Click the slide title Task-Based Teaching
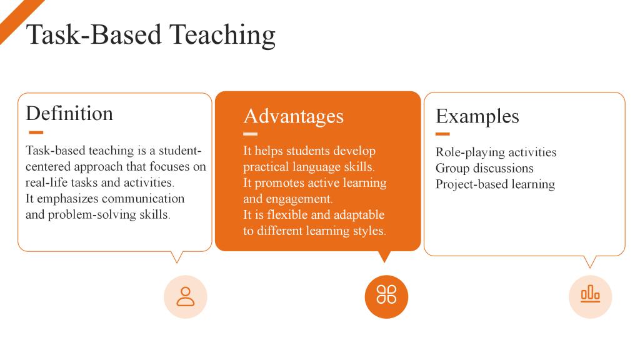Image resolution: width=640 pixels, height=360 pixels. (151, 35)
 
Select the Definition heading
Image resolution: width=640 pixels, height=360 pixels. (69, 114)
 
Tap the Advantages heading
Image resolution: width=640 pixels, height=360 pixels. (294, 117)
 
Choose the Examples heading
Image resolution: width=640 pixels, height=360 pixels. (477, 117)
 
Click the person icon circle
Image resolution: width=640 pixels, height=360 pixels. (185, 297)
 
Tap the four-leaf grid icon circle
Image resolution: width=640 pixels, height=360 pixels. (386, 297)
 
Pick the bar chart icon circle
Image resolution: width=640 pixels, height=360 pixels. (590, 297)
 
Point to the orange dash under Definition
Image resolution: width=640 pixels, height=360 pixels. (36, 132)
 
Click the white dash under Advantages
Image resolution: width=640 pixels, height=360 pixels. (250, 134)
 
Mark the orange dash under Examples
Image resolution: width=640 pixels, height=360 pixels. (442, 134)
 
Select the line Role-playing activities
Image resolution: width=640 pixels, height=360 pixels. (496, 152)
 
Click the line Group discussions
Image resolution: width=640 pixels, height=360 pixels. (484, 168)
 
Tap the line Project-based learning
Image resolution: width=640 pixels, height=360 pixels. (495, 184)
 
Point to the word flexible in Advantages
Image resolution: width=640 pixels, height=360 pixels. (287, 215)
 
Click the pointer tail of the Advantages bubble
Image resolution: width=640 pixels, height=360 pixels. (384, 256)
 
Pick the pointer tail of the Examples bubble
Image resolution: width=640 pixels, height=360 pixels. (590, 262)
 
